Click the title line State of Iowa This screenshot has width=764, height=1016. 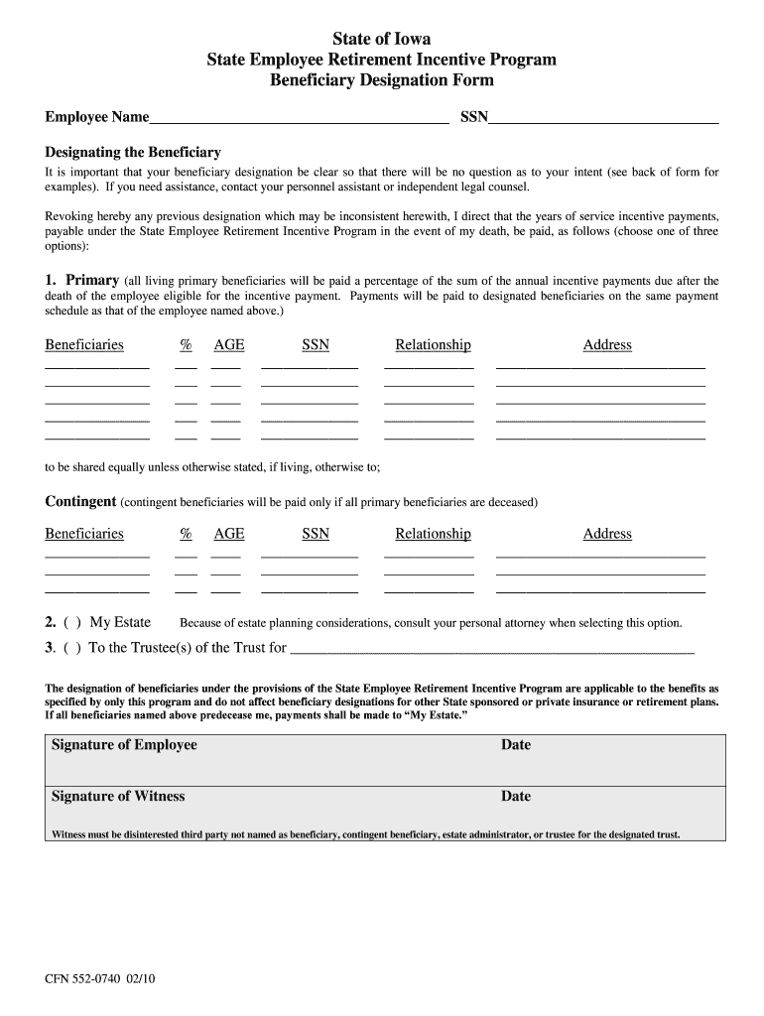[x=382, y=41]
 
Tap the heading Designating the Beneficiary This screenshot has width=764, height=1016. [x=133, y=153]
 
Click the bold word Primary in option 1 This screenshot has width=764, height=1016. [x=92, y=281]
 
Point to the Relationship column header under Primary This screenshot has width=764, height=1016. [x=433, y=345]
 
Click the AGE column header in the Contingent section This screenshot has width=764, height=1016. [x=229, y=534]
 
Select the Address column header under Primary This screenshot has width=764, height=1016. [x=607, y=345]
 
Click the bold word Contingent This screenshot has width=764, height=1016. [x=80, y=501]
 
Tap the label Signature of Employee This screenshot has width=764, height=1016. [x=124, y=745]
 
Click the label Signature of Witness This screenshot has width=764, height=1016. [x=118, y=796]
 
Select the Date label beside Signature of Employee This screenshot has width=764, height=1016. [x=516, y=745]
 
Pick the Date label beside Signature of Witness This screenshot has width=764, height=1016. [x=516, y=796]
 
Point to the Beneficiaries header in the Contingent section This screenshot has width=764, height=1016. [x=84, y=534]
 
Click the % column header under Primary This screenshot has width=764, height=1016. [x=186, y=345]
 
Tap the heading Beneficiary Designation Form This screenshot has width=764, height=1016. [x=382, y=80]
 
